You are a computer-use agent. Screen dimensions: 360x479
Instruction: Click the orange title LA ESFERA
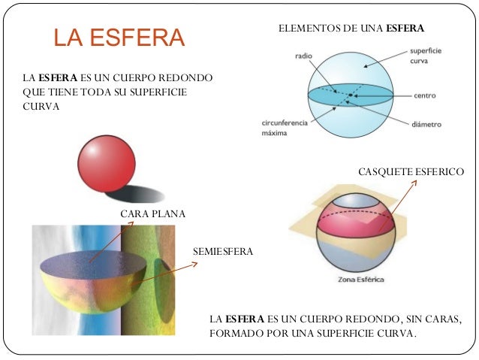click(x=119, y=38)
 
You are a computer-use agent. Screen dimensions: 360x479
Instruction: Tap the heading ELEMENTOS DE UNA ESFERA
click(x=351, y=29)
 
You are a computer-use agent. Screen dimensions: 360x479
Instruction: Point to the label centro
click(x=425, y=96)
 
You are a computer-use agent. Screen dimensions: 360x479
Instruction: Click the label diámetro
click(x=426, y=124)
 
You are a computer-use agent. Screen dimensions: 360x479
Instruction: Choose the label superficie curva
click(x=425, y=55)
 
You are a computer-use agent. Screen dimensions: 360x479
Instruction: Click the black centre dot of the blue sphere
click(x=350, y=96)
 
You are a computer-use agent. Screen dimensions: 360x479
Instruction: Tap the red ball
click(x=107, y=165)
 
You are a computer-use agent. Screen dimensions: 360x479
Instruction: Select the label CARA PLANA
click(x=152, y=214)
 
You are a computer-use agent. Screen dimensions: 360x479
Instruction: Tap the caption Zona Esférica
click(x=357, y=280)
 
